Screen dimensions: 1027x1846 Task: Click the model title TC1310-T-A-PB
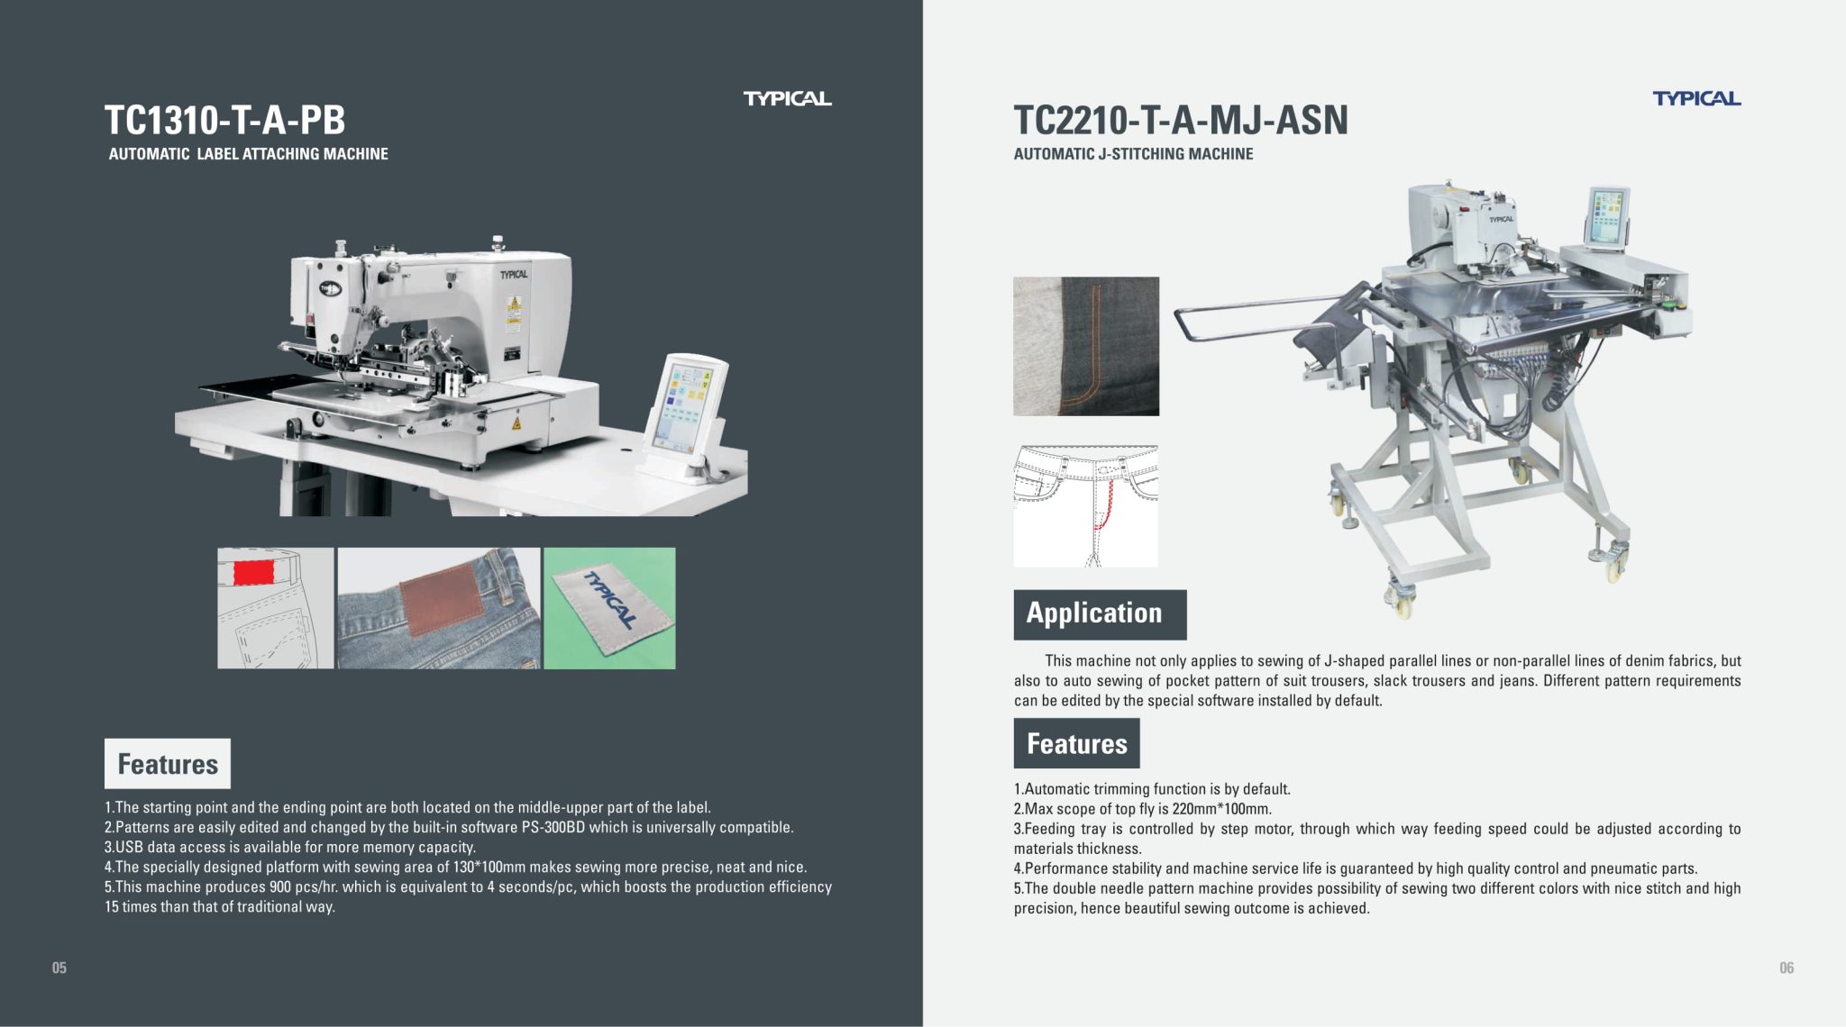[x=224, y=120]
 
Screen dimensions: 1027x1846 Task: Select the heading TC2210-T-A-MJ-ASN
[x=1180, y=120]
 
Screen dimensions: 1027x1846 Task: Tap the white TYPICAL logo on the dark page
[x=787, y=98]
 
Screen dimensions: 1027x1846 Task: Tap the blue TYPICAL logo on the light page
[x=1695, y=98]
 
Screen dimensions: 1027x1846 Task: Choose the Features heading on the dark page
[x=168, y=764]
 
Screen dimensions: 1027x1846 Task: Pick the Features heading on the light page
[x=1076, y=743]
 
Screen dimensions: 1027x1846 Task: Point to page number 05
[x=59, y=968]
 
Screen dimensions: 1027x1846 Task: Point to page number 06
[x=1786, y=968]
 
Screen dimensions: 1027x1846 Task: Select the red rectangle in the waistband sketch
[x=253, y=572]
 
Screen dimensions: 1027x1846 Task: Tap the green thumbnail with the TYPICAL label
[x=609, y=608]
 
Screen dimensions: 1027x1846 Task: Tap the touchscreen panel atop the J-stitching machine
[x=1607, y=216]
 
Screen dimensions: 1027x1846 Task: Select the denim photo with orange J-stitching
[x=1085, y=346]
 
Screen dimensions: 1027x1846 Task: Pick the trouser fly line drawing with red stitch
[x=1085, y=505]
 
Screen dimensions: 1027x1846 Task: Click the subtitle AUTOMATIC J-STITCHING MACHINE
[x=1133, y=154]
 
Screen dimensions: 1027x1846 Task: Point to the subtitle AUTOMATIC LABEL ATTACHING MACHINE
[x=248, y=154]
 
